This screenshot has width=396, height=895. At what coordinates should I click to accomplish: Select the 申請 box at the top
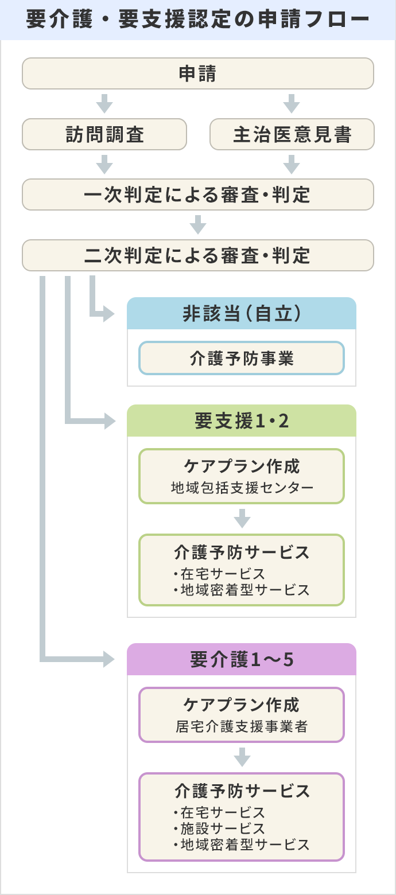point(198,73)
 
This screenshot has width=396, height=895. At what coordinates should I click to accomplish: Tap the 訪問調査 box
point(104,134)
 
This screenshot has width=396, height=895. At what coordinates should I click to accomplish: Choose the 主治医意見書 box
point(292,134)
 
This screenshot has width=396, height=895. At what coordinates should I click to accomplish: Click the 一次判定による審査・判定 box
point(198,195)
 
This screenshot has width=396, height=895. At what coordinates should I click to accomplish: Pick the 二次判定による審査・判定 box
point(198,255)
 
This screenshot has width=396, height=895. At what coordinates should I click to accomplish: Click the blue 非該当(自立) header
point(241,314)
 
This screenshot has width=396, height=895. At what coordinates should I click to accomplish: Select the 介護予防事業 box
point(241,359)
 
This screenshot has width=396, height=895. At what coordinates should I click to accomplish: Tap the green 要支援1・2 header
point(241,421)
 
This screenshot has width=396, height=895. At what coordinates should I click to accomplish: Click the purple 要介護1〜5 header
point(241,660)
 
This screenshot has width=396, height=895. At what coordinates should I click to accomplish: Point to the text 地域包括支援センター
point(241,488)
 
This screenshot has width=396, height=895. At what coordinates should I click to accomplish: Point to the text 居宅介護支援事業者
point(241,726)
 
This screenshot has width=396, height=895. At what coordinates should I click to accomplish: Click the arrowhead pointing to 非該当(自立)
point(107,314)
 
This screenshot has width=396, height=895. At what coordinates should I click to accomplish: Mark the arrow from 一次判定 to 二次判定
point(198,224)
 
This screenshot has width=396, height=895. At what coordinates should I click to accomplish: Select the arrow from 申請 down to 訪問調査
point(104,103)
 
